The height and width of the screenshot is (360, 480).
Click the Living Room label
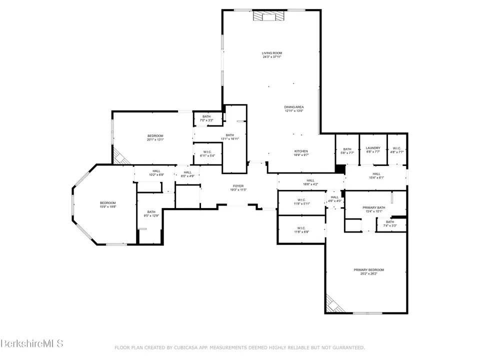272,54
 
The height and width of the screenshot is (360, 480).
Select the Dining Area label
294,108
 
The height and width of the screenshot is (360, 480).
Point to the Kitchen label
301,153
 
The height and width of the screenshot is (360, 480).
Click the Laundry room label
373,149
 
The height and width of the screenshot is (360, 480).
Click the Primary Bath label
374,209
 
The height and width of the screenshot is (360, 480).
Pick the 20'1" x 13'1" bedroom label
155,137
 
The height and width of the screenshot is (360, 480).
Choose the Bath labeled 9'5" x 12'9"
151,213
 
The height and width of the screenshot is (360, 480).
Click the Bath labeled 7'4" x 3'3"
389,223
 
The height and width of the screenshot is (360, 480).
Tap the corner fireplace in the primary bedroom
332,303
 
